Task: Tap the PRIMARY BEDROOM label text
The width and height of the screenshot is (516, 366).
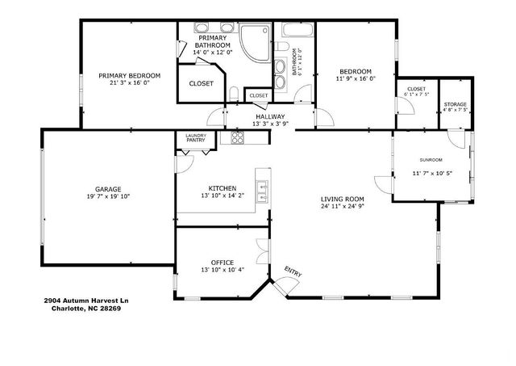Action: [x=129, y=76]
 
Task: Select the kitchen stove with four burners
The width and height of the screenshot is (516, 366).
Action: [x=238, y=138]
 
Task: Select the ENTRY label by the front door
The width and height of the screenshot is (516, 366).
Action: [x=293, y=273]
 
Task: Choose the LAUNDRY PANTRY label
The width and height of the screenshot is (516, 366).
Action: [x=195, y=137]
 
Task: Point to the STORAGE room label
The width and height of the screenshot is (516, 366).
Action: [x=456, y=104]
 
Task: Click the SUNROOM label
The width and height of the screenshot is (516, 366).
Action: [x=431, y=160]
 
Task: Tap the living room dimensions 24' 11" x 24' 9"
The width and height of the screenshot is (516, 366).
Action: [x=343, y=205]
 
